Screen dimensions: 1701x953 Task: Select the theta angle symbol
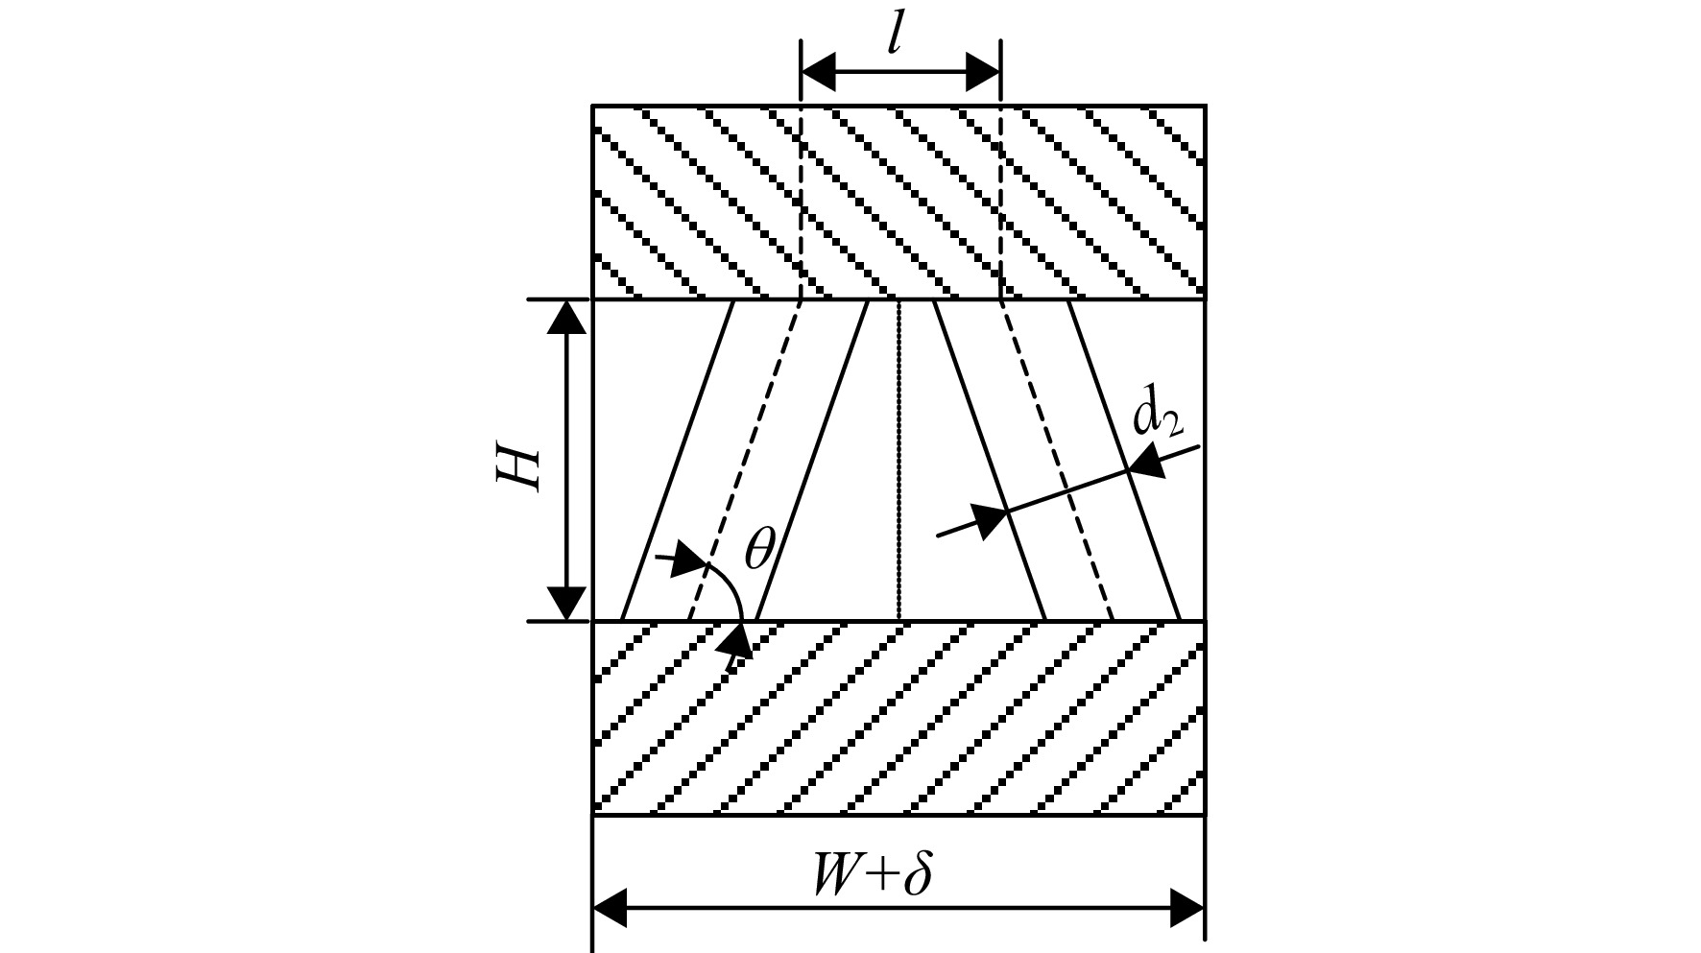[759, 551]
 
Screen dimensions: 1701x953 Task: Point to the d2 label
[1158, 416]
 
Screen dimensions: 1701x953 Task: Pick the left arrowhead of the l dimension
[819, 71]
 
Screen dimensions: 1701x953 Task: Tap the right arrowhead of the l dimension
[982, 71]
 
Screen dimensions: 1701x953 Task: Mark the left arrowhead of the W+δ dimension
[611, 907]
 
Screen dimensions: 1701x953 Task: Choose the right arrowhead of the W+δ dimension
[1186, 907]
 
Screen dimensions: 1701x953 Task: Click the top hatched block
[898, 202]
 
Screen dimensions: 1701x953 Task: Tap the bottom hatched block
[898, 718]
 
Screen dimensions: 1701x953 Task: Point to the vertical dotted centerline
[898, 461]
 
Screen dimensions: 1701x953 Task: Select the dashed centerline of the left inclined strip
[745, 461]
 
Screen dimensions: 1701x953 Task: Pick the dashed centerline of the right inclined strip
[1056, 461]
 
